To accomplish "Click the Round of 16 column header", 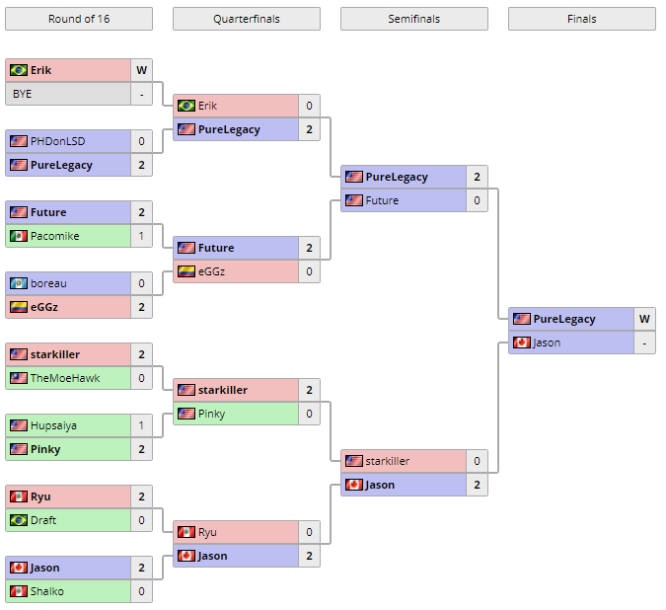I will (79, 19).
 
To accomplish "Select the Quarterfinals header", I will (246, 19).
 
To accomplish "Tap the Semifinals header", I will (413, 19).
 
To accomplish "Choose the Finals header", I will (581, 19).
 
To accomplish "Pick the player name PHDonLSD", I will (57, 141).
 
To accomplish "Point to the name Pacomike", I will (54, 236).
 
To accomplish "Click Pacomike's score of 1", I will (142, 236).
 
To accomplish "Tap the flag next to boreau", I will (19, 283).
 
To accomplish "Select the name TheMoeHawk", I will (64, 378).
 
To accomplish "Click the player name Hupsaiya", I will (53, 425).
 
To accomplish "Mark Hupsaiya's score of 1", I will (142, 425).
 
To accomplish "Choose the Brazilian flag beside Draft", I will (19, 520).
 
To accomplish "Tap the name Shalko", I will (47, 591).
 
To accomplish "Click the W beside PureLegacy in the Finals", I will (644, 319).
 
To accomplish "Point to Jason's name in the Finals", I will (548, 343).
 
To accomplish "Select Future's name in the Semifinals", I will (382, 200).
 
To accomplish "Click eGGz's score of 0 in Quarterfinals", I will (309, 271).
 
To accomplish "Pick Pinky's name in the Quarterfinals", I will (211, 414).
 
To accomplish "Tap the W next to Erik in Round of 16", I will (142, 70).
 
